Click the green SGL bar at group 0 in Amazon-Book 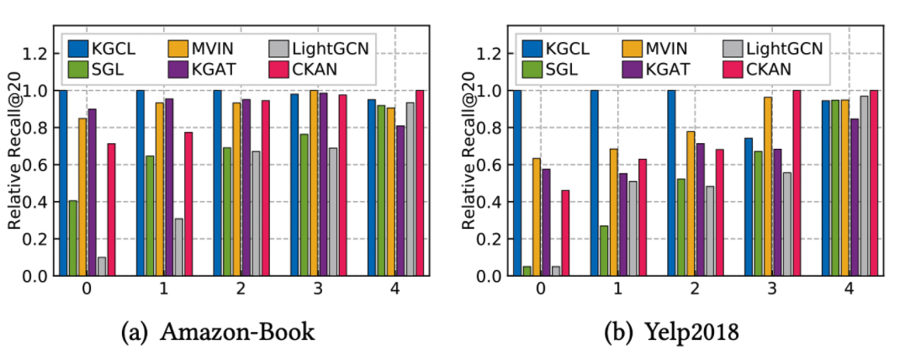[73, 238]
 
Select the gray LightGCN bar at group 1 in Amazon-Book [178, 247]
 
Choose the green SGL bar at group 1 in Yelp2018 [604, 251]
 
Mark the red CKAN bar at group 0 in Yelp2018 [565, 233]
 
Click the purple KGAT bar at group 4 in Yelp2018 [855, 197]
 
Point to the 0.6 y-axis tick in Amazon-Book [39, 165]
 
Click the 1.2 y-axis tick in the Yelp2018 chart [493, 54]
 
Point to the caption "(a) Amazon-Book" [218, 332]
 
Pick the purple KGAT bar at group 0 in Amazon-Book [92, 192]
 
